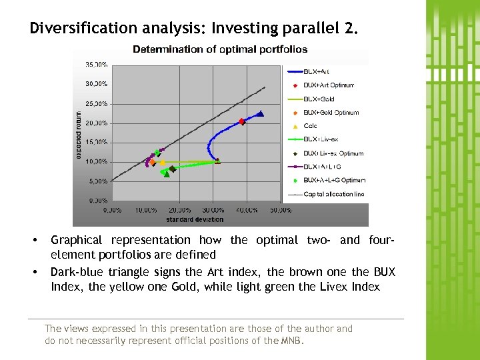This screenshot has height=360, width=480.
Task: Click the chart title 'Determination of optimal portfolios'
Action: (x=220, y=49)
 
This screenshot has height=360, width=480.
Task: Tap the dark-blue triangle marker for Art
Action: (x=261, y=114)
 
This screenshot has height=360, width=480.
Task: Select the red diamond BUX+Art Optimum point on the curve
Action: (x=242, y=121)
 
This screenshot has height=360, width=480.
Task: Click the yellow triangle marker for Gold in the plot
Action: (x=162, y=162)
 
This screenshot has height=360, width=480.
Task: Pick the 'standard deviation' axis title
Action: (x=195, y=219)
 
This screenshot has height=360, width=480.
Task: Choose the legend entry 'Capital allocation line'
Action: (x=333, y=195)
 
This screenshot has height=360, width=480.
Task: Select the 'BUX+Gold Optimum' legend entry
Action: (x=331, y=113)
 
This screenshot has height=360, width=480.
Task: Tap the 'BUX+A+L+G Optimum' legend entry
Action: (x=334, y=181)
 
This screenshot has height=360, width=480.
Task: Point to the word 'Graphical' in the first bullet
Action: (x=76, y=240)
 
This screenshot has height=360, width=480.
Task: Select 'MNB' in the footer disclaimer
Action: (x=291, y=341)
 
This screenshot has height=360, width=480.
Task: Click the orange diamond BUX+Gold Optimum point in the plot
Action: (x=152, y=162)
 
